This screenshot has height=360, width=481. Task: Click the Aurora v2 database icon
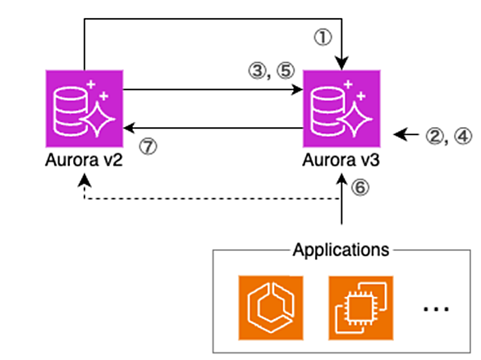(x=85, y=109)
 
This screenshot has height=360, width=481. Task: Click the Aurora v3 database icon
(x=341, y=109)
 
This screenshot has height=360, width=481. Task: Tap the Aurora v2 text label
(x=84, y=160)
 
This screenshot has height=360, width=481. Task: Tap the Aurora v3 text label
(x=341, y=160)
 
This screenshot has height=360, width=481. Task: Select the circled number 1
(x=323, y=38)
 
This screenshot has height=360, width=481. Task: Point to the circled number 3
(x=258, y=71)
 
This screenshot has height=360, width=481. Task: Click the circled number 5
(x=286, y=71)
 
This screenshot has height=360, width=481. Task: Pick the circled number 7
(x=149, y=147)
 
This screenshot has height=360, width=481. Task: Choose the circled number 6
(x=360, y=187)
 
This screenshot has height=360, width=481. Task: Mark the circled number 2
(x=435, y=136)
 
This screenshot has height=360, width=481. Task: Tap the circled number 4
(x=463, y=136)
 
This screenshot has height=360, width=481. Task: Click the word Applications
(x=341, y=250)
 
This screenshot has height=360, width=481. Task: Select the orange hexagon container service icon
(x=271, y=308)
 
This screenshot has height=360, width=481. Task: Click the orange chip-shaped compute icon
(x=361, y=308)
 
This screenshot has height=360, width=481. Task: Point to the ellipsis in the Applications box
(x=436, y=309)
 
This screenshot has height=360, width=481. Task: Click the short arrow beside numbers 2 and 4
(x=406, y=134)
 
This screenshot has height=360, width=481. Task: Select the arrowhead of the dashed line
(x=85, y=180)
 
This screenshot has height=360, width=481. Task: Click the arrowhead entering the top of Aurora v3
(x=341, y=64)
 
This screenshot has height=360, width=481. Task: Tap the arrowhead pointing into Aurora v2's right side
(x=130, y=128)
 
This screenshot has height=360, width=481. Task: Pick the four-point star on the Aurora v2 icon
(x=98, y=119)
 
